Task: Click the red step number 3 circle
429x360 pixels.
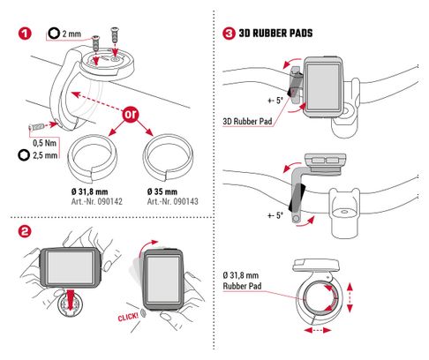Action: [x=229, y=34]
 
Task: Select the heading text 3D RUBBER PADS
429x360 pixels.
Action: [x=282, y=34]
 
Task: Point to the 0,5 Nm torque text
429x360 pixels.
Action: [x=43, y=141]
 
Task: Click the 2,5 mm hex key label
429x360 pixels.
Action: [x=44, y=154]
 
